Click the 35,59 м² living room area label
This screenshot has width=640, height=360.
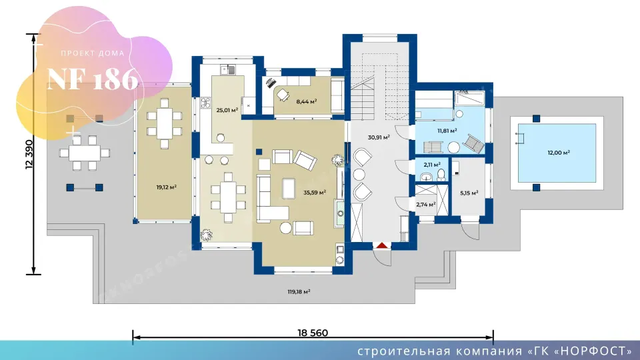(315, 192)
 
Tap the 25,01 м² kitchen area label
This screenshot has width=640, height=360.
(227, 110)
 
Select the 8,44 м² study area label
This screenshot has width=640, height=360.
(307, 101)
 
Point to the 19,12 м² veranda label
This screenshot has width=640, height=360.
(167, 187)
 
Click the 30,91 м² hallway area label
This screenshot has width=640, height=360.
(379, 137)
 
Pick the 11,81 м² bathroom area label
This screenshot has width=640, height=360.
(447, 131)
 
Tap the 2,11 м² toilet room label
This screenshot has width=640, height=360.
(432, 165)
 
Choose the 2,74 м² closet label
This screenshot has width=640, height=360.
(426, 204)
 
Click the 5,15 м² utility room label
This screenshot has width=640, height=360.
(469, 193)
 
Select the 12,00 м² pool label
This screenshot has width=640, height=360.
(559, 153)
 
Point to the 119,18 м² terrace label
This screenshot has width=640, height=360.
(299, 291)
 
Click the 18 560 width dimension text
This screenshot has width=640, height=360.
(313, 333)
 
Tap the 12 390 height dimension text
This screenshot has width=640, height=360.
(29, 154)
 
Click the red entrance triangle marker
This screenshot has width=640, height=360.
(381, 245)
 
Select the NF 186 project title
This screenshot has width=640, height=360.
(93, 79)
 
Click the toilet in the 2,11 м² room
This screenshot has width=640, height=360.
(441, 175)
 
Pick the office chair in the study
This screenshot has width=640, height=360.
(283, 95)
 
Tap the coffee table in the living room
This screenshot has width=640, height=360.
(289, 188)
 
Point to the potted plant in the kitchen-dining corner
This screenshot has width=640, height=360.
(207, 235)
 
